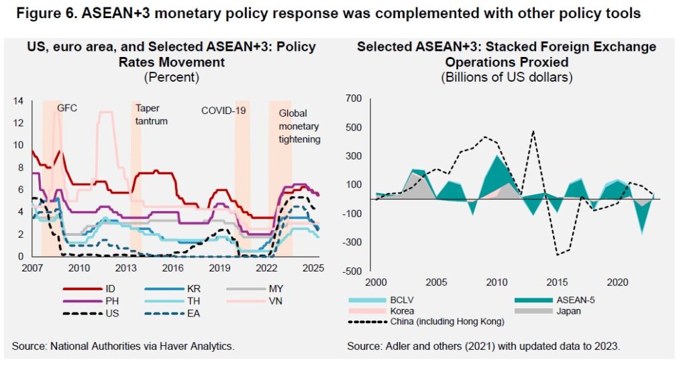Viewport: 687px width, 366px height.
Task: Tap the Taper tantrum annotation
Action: click(151, 115)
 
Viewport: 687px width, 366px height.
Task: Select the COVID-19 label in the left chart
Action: click(224, 110)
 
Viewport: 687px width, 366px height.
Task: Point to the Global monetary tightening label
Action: click(299, 127)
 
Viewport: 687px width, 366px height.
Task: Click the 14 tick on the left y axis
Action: click(18, 101)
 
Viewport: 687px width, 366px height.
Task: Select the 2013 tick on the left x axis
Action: click(125, 268)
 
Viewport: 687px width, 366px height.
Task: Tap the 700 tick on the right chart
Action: click(354, 99)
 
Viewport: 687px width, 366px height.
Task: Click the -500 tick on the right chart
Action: click(352, 271)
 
